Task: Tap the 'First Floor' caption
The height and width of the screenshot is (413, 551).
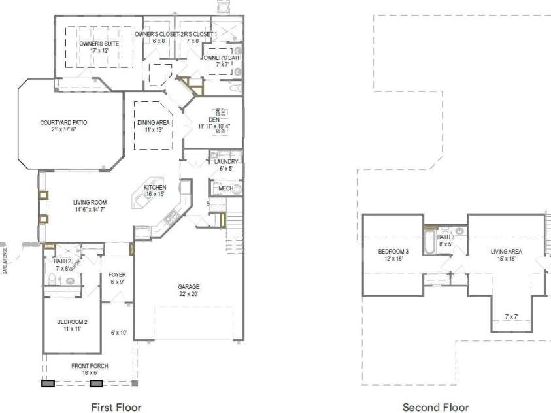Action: pos(116,407)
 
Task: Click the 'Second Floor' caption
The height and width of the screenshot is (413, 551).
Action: pos(435,407)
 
